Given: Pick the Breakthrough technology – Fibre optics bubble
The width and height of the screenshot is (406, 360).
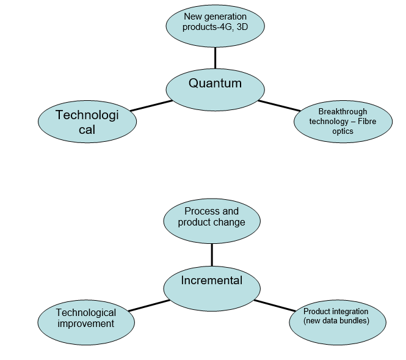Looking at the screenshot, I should [x=343, y=121].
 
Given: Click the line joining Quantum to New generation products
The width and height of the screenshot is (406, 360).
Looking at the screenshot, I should [x=215, y=58].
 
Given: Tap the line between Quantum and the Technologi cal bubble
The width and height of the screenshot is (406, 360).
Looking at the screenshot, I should [x=151, y=106].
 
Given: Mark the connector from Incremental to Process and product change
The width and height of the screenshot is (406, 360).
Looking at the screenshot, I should [x=212, y=254].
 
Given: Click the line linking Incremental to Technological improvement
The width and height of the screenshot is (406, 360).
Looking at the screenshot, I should [x=148, y=305].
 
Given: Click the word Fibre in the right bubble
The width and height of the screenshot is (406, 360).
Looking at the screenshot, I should [x=368, y=121].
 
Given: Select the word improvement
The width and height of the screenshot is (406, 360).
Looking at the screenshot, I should [x=86, y=324].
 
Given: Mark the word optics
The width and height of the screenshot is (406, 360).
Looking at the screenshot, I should [x=343, y=131].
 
